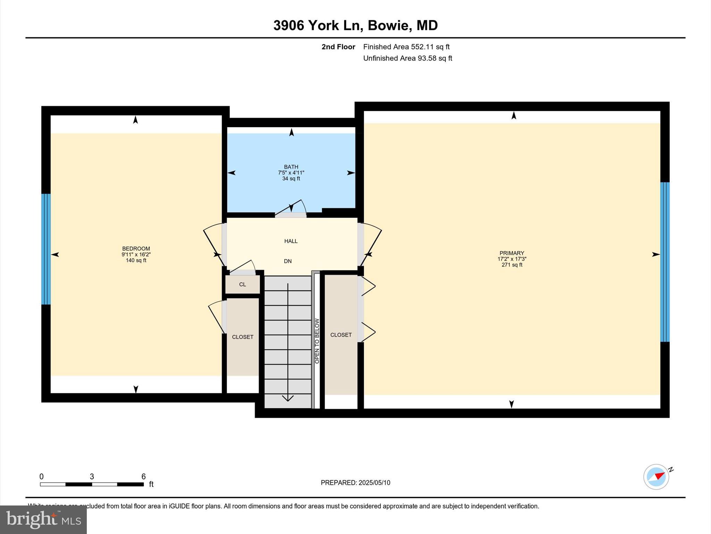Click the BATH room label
291,167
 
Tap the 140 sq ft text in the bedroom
136,260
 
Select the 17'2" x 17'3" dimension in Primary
512,259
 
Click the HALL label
291,241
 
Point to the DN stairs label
287,261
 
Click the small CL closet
242,284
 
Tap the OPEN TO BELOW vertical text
317,341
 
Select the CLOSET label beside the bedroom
242,337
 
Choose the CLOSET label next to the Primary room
341,335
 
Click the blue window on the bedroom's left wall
46,249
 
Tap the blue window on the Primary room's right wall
664,262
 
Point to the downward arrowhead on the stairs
288,398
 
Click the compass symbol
656,477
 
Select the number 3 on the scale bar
92,477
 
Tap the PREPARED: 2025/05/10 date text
355,483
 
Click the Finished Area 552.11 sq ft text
406,47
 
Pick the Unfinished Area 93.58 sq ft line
407,58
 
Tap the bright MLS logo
43,520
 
